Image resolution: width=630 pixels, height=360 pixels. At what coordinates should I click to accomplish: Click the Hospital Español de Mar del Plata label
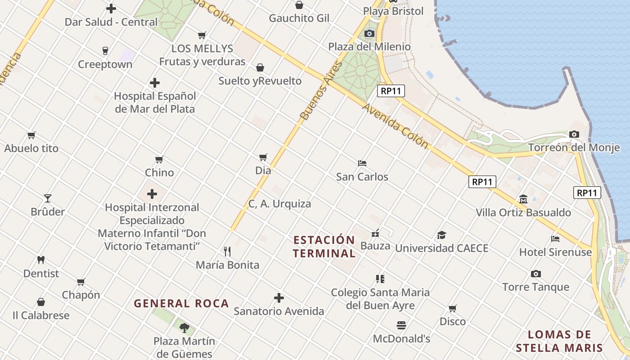(155, 103)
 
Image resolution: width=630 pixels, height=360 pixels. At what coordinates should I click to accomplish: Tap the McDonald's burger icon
(401, 325)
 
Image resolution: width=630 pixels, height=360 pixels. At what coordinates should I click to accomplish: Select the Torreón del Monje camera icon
(574, 134)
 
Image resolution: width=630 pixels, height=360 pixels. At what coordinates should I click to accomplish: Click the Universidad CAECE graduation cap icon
(441, 235)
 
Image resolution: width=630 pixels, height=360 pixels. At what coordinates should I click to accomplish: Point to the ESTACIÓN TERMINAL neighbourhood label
(324, 246)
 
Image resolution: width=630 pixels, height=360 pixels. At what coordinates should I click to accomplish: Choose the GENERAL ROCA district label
(181, 303)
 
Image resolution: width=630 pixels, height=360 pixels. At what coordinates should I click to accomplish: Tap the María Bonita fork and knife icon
(227, 251)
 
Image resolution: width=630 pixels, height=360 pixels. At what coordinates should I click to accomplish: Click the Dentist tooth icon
(41, 260)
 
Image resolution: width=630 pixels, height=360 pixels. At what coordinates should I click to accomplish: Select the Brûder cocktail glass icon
(48, 198)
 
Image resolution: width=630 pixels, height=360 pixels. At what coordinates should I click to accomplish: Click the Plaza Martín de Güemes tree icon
(184, 328)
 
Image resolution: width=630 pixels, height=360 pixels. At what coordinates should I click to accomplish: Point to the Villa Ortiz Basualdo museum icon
(523, 199)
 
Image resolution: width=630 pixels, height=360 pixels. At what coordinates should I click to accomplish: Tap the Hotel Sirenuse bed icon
(555, 238)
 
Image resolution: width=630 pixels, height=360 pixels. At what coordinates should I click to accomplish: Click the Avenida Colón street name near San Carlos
(395, 126)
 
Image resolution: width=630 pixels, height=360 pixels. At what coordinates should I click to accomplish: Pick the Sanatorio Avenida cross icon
(279, 298)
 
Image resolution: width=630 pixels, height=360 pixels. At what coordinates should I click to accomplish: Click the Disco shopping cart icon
(453, 308)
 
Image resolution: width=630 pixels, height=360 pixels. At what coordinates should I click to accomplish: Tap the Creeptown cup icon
(105, 50)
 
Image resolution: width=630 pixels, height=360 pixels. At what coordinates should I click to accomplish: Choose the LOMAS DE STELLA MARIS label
(559, 341)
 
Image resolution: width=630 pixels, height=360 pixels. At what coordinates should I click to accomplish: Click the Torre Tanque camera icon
(535, 274)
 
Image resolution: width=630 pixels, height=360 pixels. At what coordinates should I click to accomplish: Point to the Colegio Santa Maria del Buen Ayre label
(380, 299)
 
